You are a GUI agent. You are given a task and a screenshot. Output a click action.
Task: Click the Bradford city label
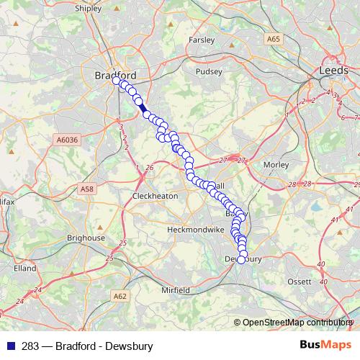point(115,74)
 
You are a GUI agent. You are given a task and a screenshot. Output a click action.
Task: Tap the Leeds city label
point(335,71)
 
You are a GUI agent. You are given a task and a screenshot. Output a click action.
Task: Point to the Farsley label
point(202,40)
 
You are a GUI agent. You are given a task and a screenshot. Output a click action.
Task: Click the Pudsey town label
point(209,72)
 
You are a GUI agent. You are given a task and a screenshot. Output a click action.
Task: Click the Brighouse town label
point(86,238)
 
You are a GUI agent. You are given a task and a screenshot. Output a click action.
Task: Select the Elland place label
point(24,268)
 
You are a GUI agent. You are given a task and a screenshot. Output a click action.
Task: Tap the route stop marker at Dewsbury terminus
point(241,260)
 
